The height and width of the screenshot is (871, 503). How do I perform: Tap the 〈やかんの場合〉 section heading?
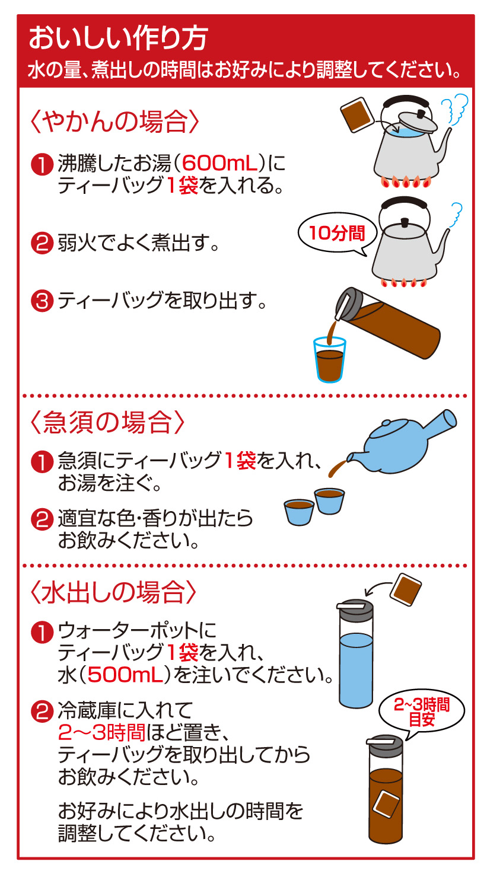coord(114,122)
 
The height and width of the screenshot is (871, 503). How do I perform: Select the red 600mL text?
coord(220,163)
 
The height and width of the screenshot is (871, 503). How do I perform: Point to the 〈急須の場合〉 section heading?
coord(107,422)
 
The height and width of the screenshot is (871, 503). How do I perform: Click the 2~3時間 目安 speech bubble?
coord(422,712)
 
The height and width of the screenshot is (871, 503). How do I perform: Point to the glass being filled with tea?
coord(329,360)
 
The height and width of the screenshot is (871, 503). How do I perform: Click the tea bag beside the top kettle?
coord(357,114)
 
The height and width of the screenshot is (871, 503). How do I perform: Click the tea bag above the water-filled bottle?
coord(406,589)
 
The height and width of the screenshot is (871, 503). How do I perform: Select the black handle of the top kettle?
coord(406,101)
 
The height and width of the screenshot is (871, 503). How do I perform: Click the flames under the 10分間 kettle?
coord(403,283)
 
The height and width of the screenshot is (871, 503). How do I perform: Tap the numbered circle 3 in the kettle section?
coord(42,301)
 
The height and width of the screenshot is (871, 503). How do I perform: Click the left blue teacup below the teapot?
coord(299,512)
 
